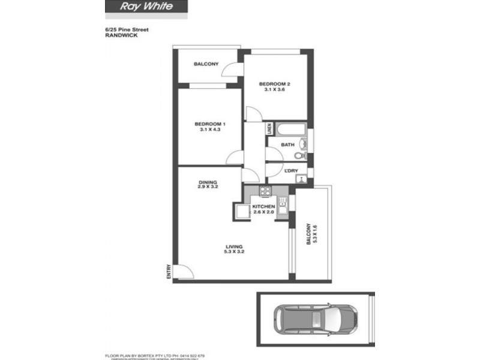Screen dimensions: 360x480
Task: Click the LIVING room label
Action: pyautogui.click(x=234, y=246)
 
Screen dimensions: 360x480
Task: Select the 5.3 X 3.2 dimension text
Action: pyautogui.click(x=234, y=252)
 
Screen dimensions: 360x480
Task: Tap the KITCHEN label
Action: pyautogui.click(x=263, y=206)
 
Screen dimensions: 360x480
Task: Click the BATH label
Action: pyautogui.click(x=287, y=145)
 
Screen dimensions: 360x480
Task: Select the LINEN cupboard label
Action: pyautogui.click(x=269, y=128)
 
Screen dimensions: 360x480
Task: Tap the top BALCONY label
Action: pyautogui.click(x=206, y=64)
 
